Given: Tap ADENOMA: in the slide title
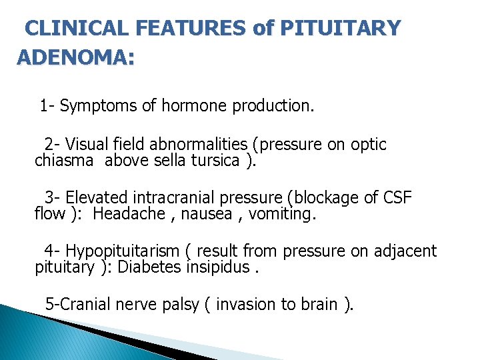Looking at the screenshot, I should [75, 58].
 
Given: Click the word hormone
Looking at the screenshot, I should [190, 106].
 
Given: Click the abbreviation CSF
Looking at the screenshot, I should [398, 198].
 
